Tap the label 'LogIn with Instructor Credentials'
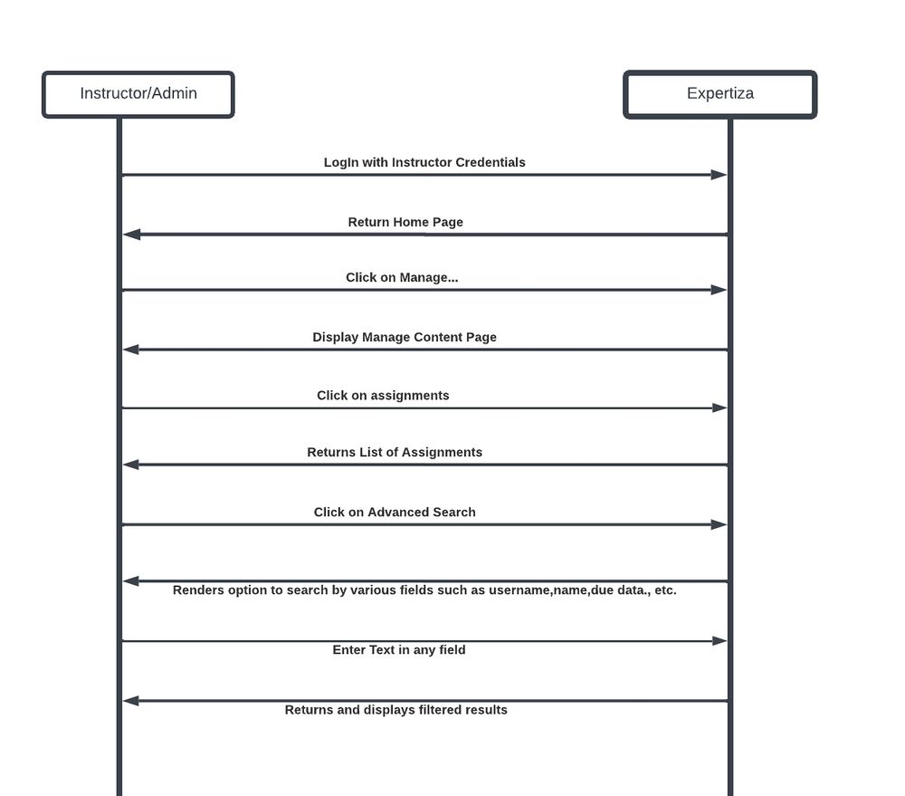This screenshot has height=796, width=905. coord(424,162)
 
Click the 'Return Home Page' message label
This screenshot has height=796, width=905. coord(405,222)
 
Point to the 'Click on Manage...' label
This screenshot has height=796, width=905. coord(402,277)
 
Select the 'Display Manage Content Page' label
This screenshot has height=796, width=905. coord(404,337)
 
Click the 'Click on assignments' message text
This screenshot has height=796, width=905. coord(383,395)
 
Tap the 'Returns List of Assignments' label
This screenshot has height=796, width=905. coord(395,452)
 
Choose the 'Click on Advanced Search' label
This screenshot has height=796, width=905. coord(395,512)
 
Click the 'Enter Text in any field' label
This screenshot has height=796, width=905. coord(399,650)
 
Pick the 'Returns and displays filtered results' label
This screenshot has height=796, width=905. coord(396,709)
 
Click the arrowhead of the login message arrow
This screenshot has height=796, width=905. coord(719,175)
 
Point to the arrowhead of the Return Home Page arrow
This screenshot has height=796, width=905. coord(131,234)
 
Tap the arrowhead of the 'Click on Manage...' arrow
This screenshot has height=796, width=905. coord(719,290)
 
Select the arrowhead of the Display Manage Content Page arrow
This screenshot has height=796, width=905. coord(131,350)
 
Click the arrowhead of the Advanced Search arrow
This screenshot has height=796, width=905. coord(719,524)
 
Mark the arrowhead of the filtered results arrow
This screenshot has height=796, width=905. coord(131,701)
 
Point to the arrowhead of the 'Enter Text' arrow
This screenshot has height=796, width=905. coord(719,640)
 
